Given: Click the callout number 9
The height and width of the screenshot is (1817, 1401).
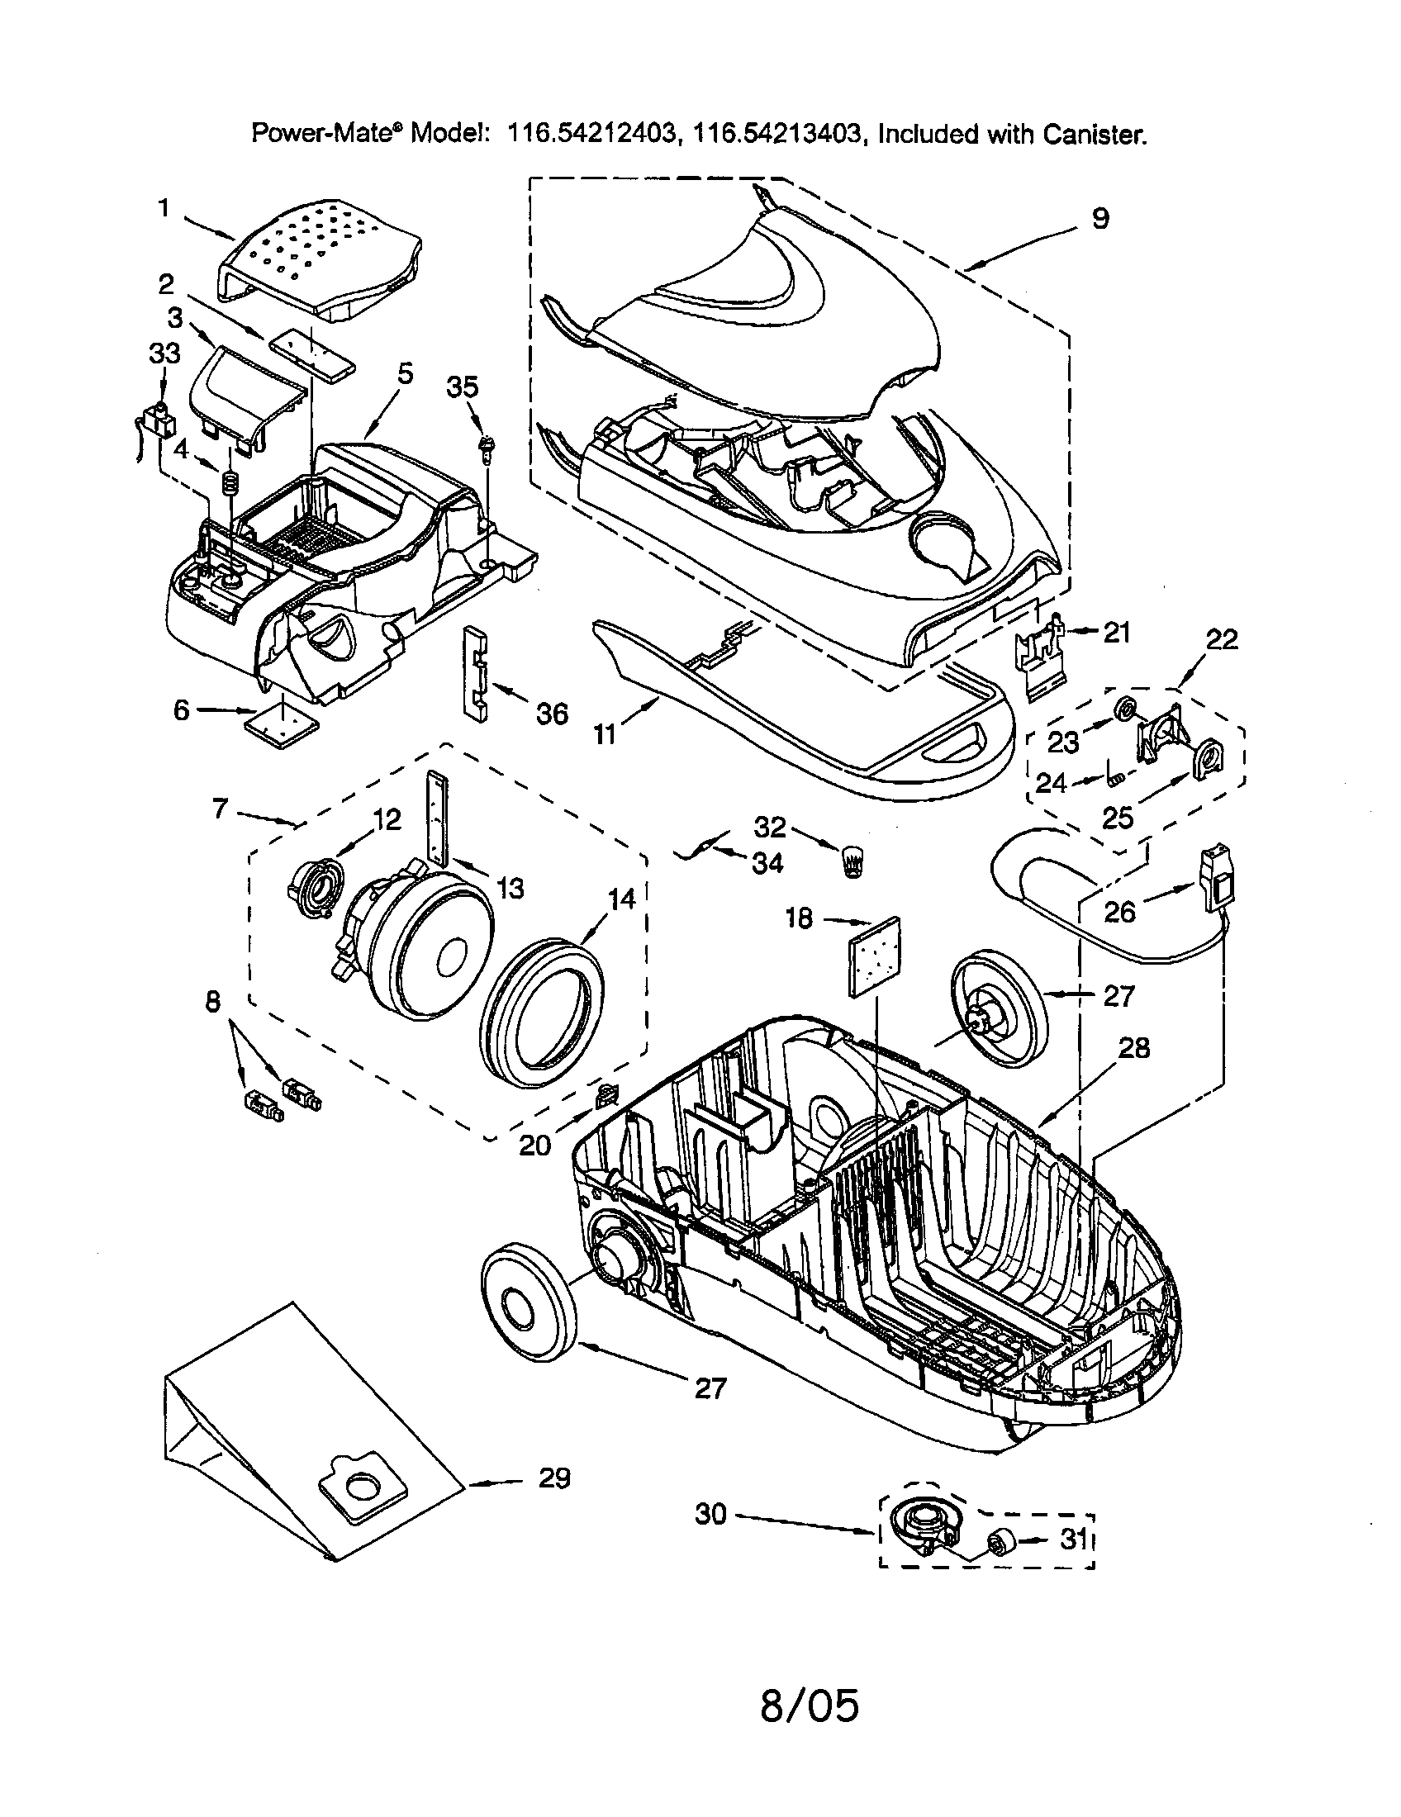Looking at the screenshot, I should [x=1099, y=219].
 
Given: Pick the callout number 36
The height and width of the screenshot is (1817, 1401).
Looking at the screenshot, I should [x=552, y=713].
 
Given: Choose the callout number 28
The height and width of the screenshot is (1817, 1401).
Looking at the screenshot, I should [x=1134, y=1047].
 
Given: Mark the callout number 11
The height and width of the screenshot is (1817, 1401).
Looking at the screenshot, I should [x=605, y=733].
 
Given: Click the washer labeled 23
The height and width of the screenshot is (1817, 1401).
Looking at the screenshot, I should [x=1125, y=709].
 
